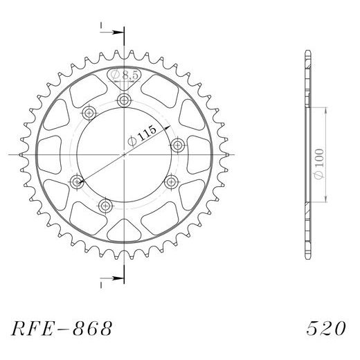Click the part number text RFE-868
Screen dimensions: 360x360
(62, 328)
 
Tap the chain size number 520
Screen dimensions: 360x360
(326, 328)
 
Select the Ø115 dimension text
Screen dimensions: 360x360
(142, 136)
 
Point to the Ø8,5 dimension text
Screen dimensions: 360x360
(125, 75)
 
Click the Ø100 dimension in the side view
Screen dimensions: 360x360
(319, 163)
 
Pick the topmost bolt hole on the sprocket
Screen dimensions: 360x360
(124, 100)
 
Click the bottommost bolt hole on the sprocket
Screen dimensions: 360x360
(106, 206)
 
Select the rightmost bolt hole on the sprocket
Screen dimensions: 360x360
(177, 145)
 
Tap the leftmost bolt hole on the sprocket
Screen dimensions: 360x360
(76, 182)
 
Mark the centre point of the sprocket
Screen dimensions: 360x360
(124, 154)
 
